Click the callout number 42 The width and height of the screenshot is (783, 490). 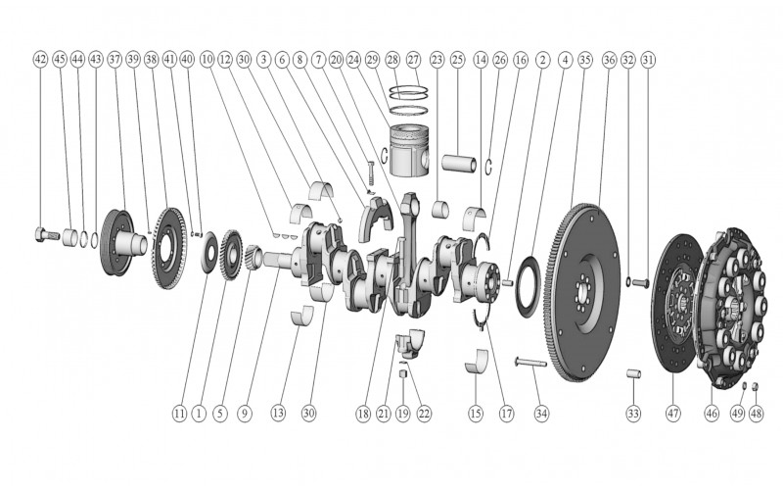(x=40, y=60)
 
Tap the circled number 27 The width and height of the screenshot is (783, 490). (x=412, y=60)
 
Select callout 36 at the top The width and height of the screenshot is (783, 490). (x=608, y=60)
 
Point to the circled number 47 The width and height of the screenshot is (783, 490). (x=672, y=414)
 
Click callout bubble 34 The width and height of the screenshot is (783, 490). (x=541, y=414)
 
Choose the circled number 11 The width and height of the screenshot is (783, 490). (x=179, y=414)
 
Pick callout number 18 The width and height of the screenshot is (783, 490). (x=363, y=414)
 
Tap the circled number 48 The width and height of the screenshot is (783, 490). (x=757, y=414)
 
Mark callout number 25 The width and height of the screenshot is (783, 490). (x=457, y=60)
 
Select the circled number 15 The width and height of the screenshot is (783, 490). (x=476, y=414)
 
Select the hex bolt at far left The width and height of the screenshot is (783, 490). (x=40, y=234)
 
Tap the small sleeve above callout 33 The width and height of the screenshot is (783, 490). (x=632, y=375)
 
